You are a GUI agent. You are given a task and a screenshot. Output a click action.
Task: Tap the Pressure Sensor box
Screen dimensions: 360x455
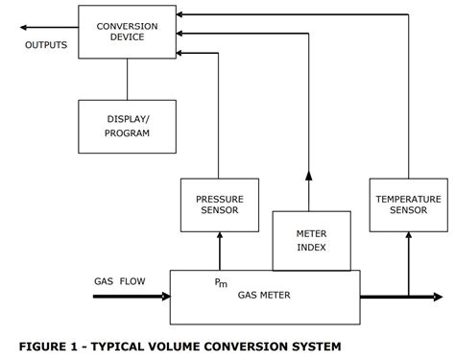click(220, 204)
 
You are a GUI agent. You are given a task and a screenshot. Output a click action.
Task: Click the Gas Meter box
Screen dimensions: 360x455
click(265, 296)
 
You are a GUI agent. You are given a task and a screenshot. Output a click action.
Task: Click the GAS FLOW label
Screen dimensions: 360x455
click(120, 281)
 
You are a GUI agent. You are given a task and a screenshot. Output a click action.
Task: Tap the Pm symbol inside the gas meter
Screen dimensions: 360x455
click(222, 283)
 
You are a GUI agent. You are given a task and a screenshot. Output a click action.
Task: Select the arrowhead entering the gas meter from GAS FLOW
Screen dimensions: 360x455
click(163, 297)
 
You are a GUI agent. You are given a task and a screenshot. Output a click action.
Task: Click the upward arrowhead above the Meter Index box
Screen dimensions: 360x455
click(309, 175)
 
